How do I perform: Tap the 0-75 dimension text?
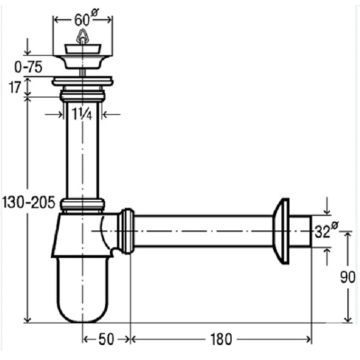coord(28,67)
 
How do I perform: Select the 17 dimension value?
coord(15,87)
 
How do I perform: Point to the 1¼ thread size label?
coord(82,113)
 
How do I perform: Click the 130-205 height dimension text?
coord(28,203)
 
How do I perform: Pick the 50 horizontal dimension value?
coord(106,339)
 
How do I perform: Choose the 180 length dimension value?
coord(221,339)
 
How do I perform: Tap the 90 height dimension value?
coord(348,277)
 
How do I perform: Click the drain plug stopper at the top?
coord(83,49)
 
